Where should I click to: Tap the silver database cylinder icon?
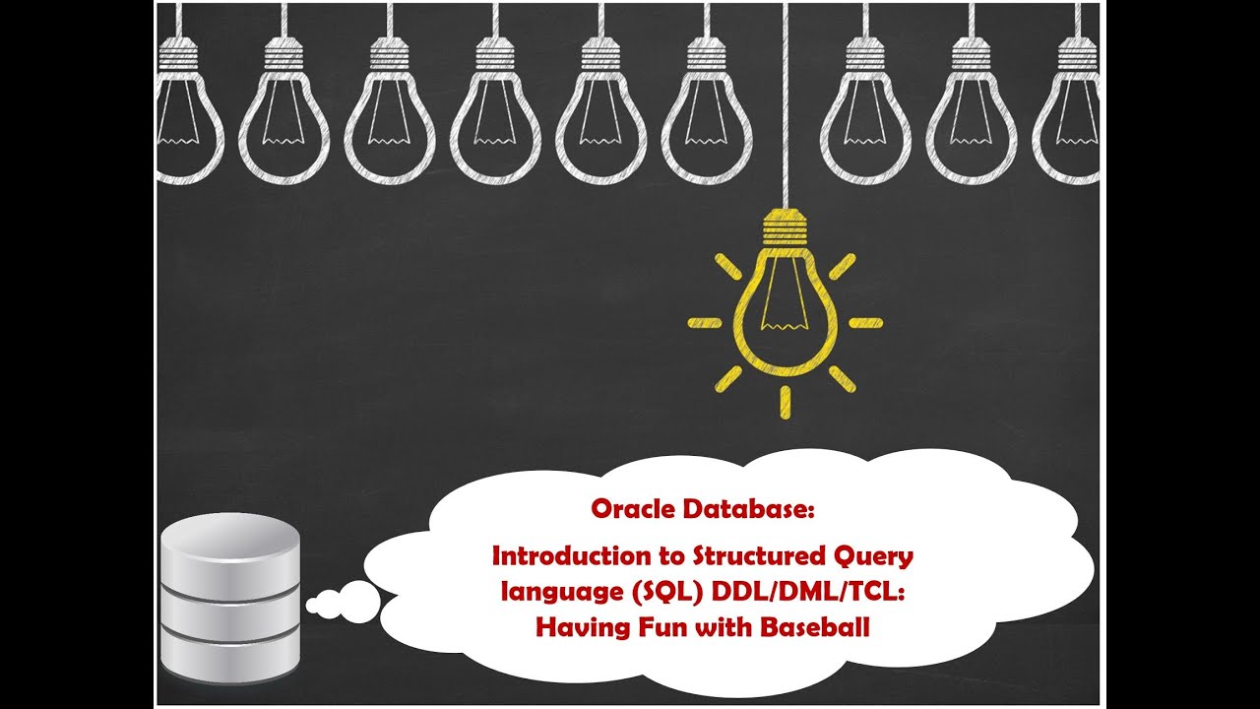pos(229,601)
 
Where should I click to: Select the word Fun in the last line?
pos(660,628)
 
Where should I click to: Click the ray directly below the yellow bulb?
pos(785,401)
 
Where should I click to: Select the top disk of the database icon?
pos(229,551)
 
